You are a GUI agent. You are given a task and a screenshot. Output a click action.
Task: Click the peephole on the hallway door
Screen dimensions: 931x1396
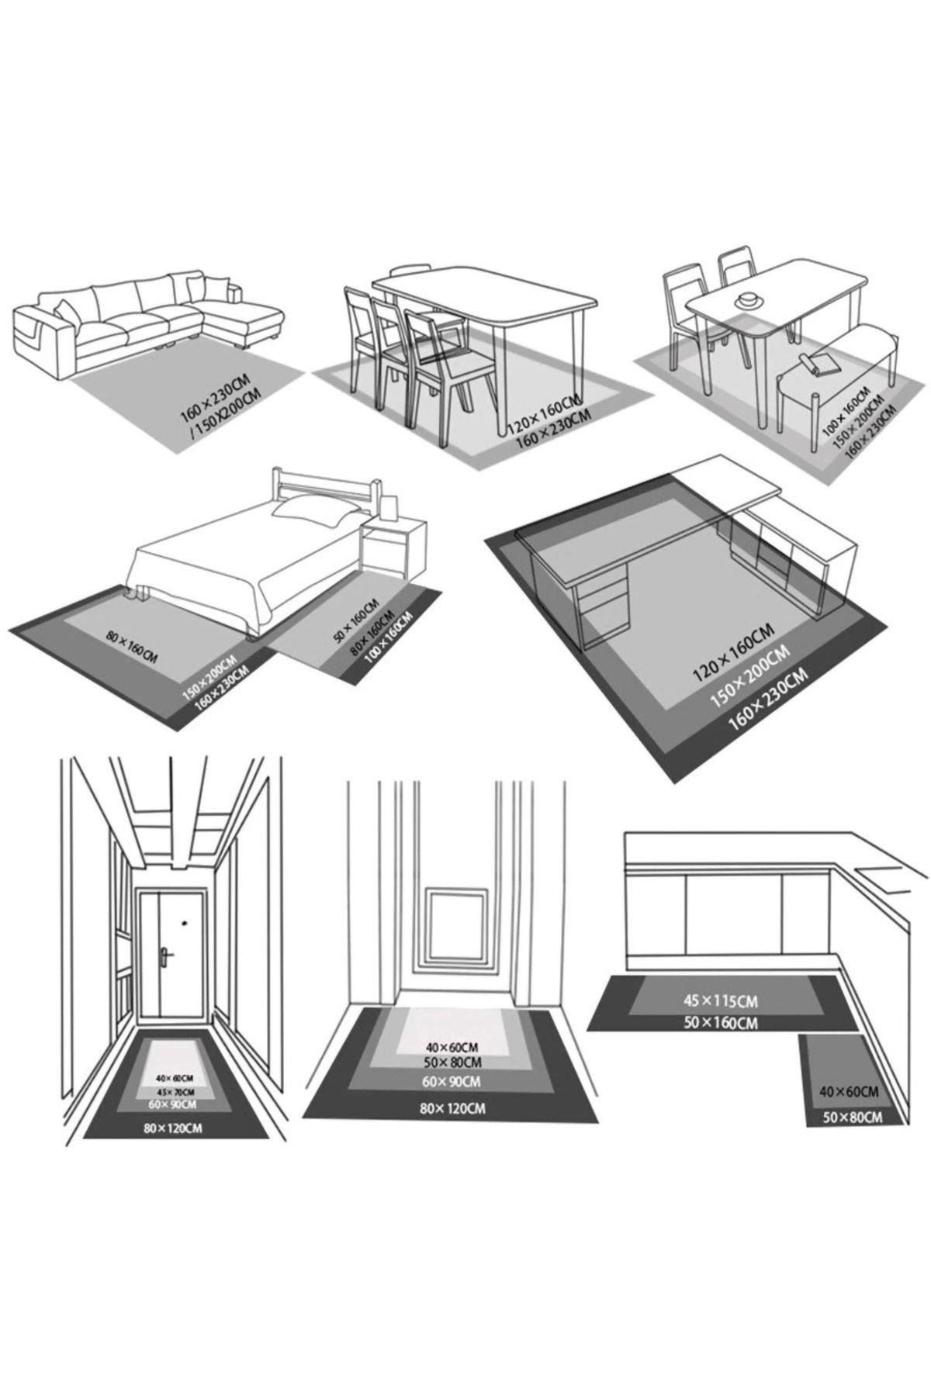click(185, 924)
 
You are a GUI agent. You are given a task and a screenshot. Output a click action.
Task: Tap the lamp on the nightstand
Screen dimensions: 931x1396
click(390, 507)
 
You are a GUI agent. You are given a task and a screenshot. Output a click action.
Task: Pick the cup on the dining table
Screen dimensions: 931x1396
click(749, 299)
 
